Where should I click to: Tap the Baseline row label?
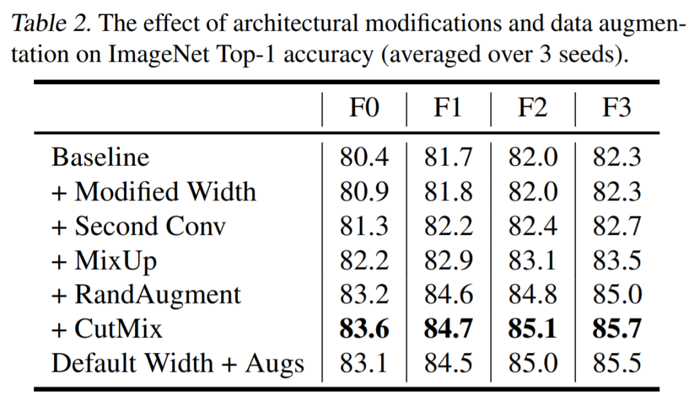pos(100,157)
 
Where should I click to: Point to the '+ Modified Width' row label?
pos(154,191)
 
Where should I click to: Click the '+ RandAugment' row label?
pos(146,294)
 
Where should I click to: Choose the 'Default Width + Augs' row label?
pos(177,363)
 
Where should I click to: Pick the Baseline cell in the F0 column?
pos(364,157)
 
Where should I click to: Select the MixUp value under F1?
pos(448,260)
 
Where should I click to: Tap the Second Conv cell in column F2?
pos(532,226)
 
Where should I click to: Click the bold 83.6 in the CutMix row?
pos(364,329)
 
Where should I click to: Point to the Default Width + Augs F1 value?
pos(448,363)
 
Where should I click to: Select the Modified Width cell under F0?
pos(364,191)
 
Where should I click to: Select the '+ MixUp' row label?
pos(104,260)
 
